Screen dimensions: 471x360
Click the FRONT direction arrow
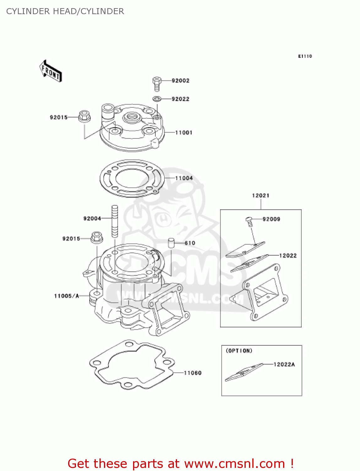tap(50, 71)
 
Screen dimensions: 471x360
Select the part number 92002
tap(180, 81)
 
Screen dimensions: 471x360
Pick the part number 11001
tap(184, 133)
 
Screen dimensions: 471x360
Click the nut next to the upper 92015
tap(84, 116)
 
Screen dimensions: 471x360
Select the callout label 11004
tap(184, 178)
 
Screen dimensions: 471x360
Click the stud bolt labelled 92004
tap(115, 221)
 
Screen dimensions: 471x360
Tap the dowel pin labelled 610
tap(171, 243)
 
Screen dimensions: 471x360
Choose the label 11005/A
tap(67, 296)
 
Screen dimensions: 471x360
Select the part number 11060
tap(192, 373)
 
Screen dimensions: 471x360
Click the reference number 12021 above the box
tap(261, 195)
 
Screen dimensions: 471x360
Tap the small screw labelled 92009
tap(249, 221)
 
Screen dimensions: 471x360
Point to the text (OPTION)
tap(239, 350)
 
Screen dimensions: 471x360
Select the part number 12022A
tap(284, 364)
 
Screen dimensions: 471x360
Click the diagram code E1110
tap(305, 56)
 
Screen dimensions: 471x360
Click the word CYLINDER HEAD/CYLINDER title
tap(65, 11)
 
